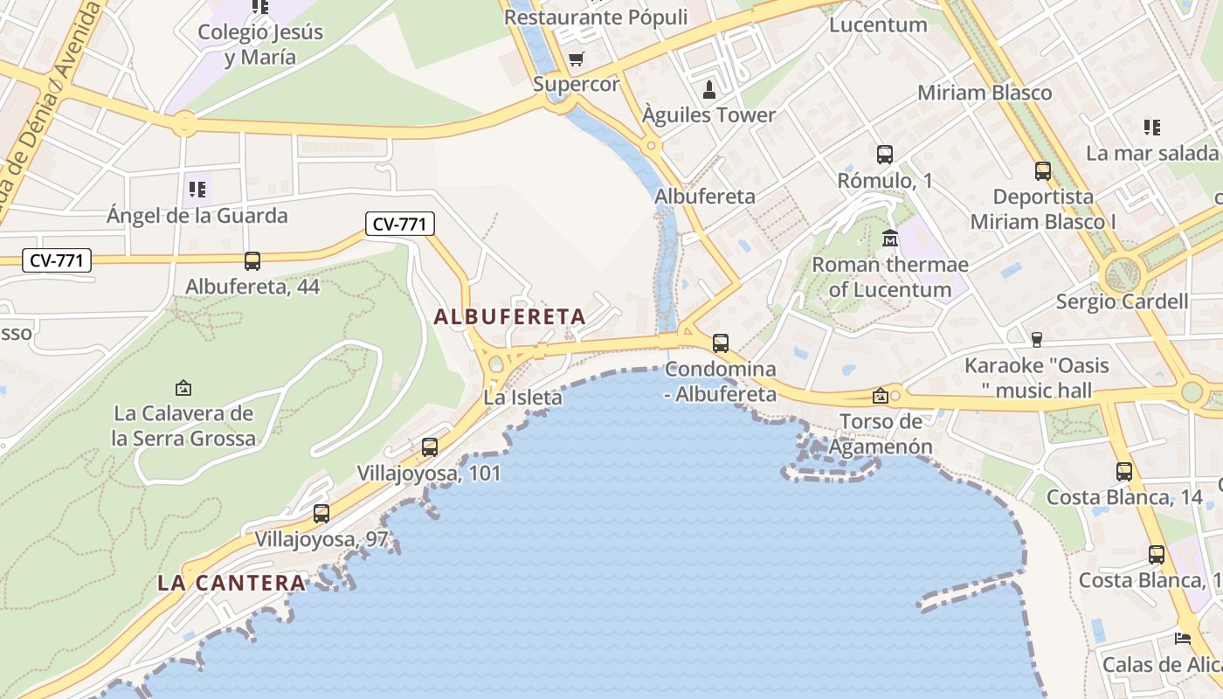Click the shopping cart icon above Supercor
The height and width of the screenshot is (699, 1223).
coord(576,59)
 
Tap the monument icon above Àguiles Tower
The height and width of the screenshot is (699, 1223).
coord(709,89)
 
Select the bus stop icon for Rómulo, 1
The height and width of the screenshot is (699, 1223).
coord(884,155)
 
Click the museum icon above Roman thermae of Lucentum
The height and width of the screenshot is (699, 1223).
coord(890,238)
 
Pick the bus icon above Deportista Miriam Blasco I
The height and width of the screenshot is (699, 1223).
coord(1042,170)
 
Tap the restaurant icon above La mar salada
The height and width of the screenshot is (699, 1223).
coord(1152,128)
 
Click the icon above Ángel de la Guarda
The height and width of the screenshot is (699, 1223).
coord(197,189)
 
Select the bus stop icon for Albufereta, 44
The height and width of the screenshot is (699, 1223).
coord(252,260)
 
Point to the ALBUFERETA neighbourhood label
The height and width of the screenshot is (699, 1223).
coord(509,316)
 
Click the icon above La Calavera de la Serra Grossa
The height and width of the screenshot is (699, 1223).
coord(183,387)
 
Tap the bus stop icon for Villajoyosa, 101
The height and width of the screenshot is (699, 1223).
coord(429,446)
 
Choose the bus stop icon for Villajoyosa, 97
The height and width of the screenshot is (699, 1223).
coord(321,513)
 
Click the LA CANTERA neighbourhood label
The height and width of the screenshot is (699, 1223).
coord(231,583)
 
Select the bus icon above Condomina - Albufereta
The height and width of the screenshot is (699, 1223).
coord(720,343)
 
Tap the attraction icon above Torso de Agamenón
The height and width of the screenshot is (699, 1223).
coord(880,396)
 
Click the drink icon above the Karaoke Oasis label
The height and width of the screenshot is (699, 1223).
coord(1037,339)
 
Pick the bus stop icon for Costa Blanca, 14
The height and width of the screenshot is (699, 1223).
coord(1124,471)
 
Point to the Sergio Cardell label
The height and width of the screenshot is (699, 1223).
coord(1122,301)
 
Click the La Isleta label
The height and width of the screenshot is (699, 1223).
coord(523,398)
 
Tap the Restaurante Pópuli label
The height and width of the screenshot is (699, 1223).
coord(596,17)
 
